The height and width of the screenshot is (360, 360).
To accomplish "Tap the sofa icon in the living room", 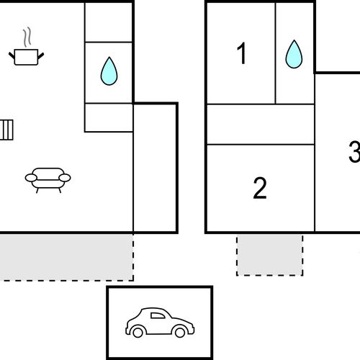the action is click(48, 180).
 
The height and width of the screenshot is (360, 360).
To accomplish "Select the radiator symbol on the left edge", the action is click(6, 130).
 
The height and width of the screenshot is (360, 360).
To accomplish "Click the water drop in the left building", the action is click(109, 71).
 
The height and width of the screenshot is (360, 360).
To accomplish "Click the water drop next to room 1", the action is click(294, 54).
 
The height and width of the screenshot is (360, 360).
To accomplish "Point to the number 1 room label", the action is click(242, 53).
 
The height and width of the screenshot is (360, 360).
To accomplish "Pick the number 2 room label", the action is click(260, 188).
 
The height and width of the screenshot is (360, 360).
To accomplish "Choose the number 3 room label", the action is click(354, 152).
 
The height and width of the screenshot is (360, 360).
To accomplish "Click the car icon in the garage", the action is click(160, 323).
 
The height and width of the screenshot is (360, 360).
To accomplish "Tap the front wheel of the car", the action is click(180, 333).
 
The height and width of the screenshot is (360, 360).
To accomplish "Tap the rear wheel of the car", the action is click(138, 333).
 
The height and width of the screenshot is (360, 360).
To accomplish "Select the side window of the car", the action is click(158, 315).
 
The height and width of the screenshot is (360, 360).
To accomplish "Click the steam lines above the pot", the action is click(27, 37).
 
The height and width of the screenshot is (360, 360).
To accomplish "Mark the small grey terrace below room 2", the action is click(270, 255).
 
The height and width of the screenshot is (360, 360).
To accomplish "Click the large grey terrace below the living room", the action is click(66, 257).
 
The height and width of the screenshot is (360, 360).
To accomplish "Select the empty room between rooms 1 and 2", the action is click(261, 125).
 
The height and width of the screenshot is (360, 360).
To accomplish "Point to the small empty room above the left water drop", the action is click(109, 22).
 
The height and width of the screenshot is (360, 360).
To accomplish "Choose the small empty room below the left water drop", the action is click(109, 117).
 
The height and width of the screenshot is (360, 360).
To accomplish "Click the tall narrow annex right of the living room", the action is click(155, 168).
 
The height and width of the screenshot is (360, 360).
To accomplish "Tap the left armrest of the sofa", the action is click(31, 178).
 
